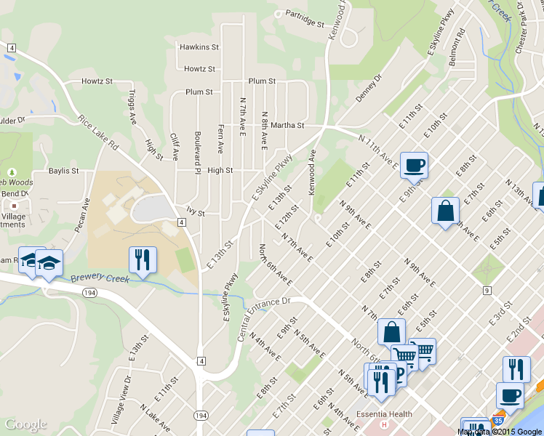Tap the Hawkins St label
(x=199, y=47)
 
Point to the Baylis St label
(x=63, y=171)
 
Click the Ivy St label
(x=196, y=214)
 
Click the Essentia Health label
(x=385, y=415)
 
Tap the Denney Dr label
(x=369, y=88)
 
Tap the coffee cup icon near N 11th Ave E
(x=413, y=165)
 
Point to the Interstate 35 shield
(x=498, y=421)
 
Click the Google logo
(x=25, y=424)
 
